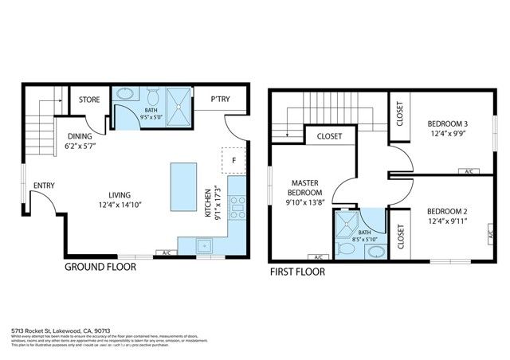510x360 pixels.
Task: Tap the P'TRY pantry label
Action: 221,100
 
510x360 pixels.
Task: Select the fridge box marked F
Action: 233,158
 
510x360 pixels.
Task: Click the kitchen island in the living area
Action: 182,186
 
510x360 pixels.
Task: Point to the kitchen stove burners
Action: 237,207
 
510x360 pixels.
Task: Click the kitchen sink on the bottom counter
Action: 205,245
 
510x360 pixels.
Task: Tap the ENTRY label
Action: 43,186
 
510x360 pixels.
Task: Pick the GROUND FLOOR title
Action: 100,268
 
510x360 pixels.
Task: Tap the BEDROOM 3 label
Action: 447,124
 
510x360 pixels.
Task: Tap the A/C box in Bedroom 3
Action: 469,171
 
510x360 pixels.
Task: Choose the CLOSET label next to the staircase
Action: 330,136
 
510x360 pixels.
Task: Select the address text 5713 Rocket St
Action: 49,329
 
